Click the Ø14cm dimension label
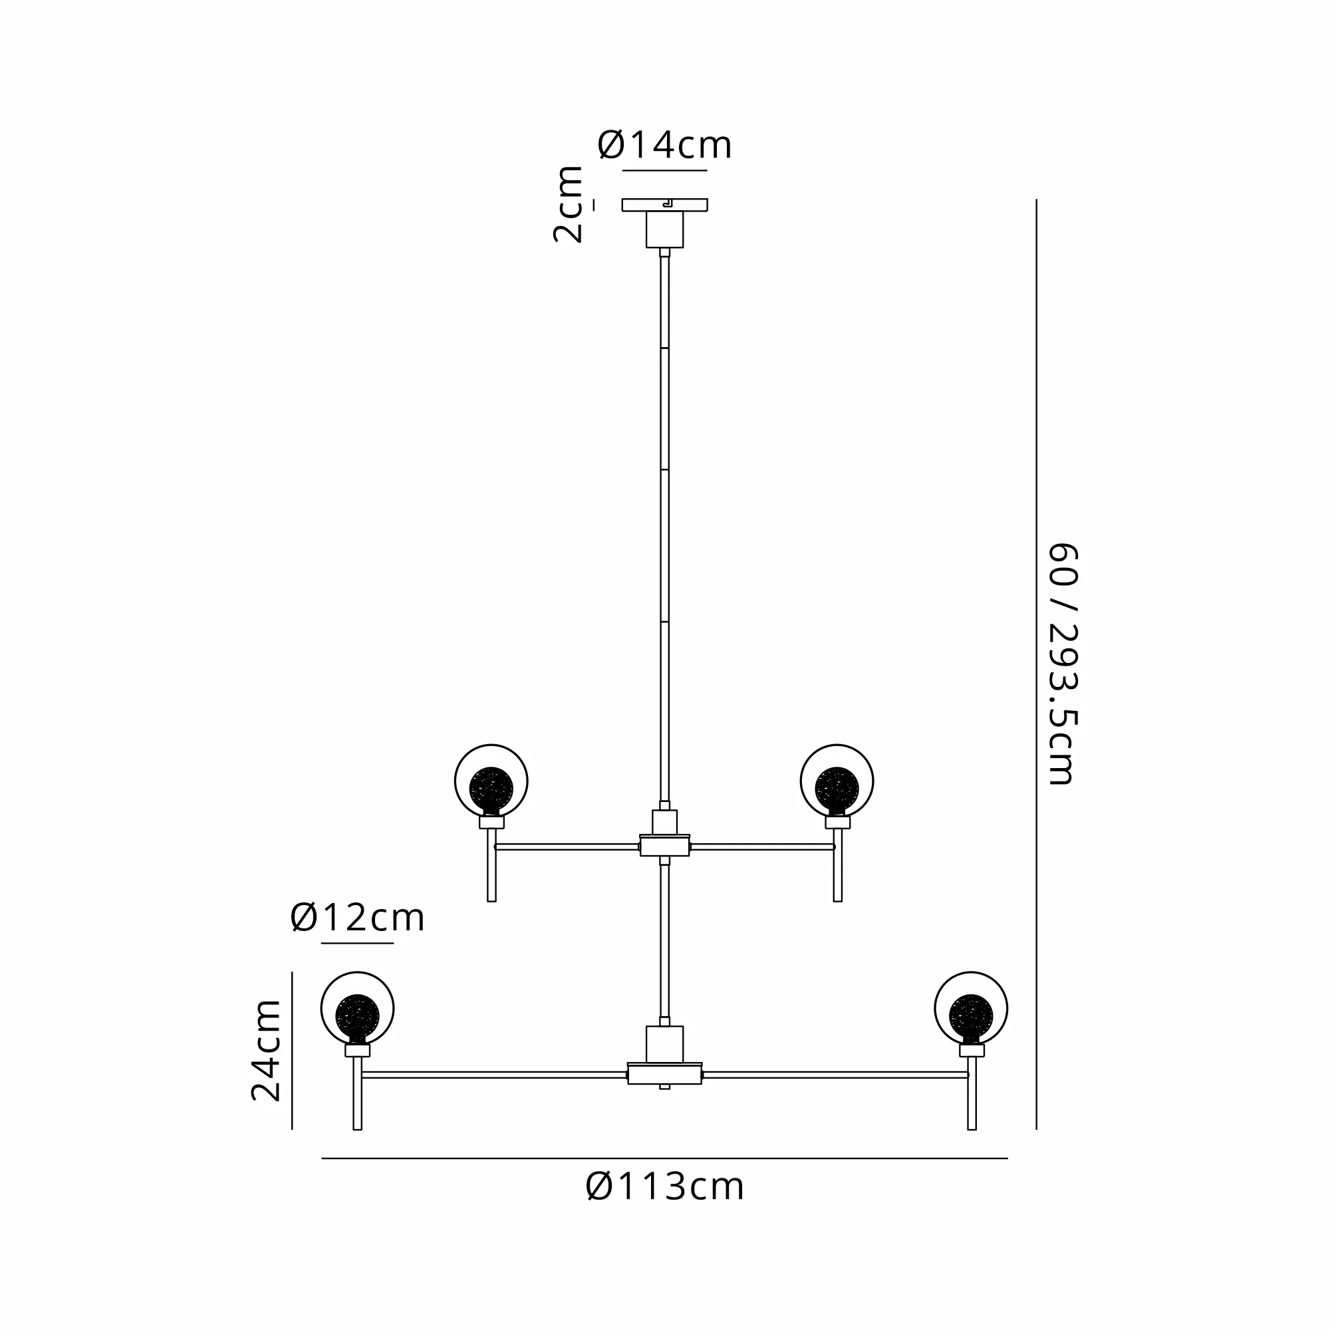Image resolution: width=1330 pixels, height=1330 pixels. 664,145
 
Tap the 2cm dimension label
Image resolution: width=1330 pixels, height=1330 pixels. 568,203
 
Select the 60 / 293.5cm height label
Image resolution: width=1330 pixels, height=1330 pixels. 1062,664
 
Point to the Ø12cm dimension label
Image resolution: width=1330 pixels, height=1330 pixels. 357,918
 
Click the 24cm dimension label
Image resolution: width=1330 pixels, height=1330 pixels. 266,1050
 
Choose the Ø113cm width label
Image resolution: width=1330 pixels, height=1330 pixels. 664,1187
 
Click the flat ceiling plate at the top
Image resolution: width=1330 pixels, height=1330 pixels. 664,205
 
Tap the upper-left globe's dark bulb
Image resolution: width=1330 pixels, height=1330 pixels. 491,789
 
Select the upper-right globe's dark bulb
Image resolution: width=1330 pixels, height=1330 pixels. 837,789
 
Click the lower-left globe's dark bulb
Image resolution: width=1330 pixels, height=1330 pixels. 357,1016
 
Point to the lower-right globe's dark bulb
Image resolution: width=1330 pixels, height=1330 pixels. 971,1016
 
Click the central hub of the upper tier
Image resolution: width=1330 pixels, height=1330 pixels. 664,845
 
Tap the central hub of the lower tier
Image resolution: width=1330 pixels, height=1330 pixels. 664,1074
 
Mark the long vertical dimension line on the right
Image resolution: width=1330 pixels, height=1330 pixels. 1036,664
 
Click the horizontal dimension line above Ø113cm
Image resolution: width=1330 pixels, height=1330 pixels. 664,1158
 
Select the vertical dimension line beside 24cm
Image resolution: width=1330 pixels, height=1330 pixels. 292,1050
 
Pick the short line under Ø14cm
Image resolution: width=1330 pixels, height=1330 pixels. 664,170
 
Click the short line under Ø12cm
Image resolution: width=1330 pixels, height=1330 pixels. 357,943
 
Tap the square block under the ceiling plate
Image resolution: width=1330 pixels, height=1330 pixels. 664,229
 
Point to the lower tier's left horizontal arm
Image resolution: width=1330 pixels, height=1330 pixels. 494,1075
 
